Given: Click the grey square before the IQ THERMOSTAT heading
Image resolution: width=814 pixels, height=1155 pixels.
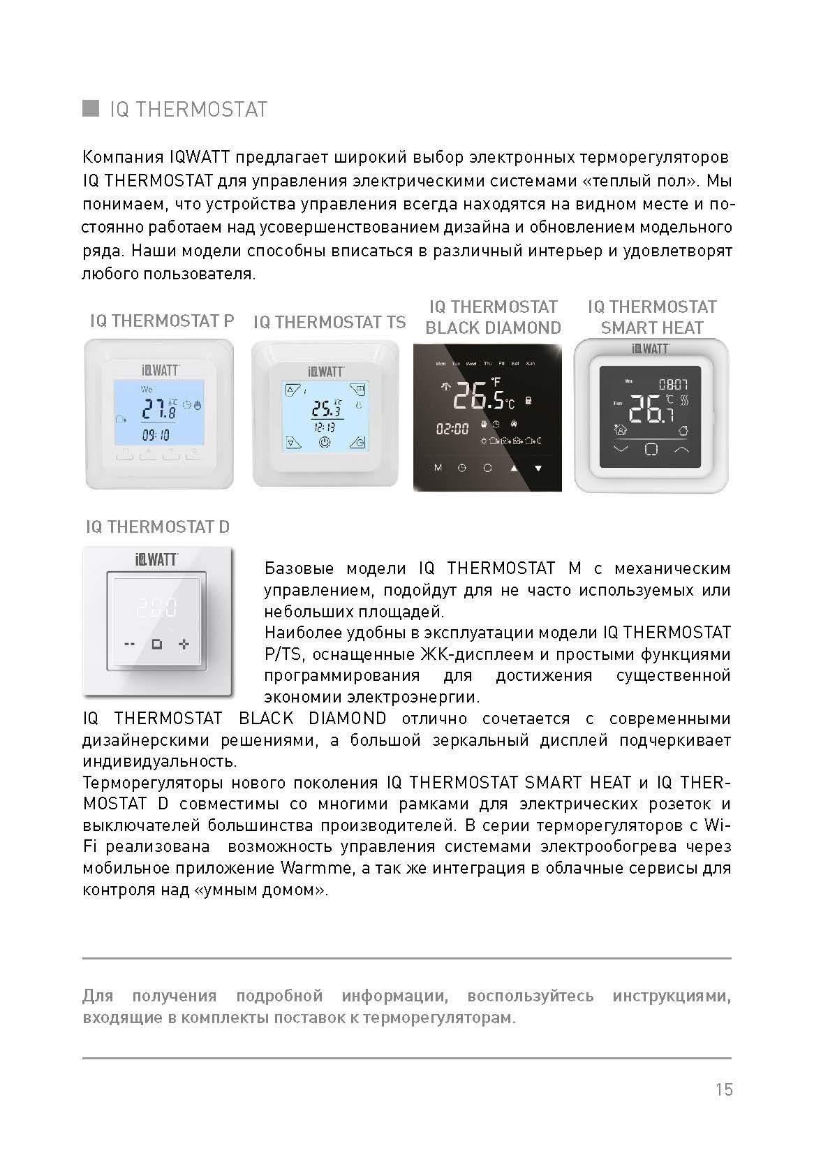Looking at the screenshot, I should [90, 109].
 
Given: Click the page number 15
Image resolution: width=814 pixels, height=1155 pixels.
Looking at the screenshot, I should [724, 1089].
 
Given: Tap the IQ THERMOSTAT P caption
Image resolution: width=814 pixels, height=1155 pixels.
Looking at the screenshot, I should [162, 321].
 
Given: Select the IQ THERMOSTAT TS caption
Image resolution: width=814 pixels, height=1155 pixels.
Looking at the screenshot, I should [329, 322].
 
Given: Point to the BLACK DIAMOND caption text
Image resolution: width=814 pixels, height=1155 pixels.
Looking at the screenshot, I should [493, 328].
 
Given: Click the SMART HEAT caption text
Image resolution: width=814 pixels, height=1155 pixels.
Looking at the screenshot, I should [652, 328].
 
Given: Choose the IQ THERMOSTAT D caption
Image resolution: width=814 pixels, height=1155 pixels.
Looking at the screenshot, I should [158, 527].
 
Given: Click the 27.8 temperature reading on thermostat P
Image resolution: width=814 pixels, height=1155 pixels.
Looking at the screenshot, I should [160, 408].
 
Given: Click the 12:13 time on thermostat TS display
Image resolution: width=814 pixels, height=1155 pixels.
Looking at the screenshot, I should [323, 426].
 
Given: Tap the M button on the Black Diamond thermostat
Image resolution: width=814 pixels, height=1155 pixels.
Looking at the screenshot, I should [438, 467].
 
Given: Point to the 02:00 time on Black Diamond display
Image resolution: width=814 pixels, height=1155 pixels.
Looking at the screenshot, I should [452, 428].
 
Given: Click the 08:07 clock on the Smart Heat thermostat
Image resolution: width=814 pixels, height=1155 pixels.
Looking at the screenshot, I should [674, 383].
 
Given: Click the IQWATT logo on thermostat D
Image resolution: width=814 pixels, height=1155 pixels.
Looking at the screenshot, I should [156, 559].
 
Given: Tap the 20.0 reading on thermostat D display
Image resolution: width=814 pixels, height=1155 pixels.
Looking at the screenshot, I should [156, 607].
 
